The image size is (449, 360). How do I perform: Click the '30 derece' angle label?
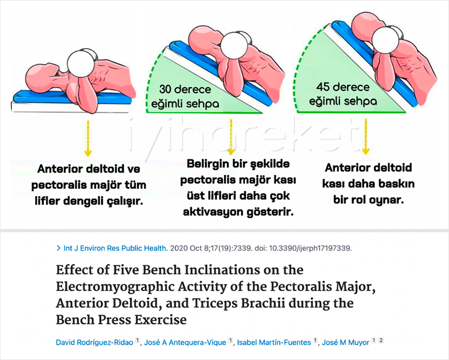click(x=185, y=89)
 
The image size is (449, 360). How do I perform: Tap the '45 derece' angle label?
click(x=343, y=87)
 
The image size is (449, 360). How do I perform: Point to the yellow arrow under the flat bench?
click(x=88, y=138)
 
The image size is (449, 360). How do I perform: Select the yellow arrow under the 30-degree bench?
click(x=231, y=137)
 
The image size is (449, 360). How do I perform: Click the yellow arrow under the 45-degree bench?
click(x=365, y=137)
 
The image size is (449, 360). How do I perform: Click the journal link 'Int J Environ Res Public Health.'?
click(x=116, y=248)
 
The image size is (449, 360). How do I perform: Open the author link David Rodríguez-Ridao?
click(x=94, y=342)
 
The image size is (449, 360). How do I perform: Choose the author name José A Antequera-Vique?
click(x=185, y=342)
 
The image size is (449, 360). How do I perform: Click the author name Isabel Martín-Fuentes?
click(x=274, y=342)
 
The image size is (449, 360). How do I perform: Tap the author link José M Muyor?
click(x=346, y=342)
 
